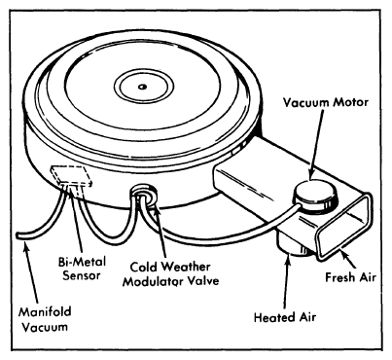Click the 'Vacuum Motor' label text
326,102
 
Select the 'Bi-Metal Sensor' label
82,269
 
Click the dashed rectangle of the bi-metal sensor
72,175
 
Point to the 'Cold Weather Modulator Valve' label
170,274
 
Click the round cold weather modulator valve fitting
144,197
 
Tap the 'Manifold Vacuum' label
45,319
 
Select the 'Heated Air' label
285,317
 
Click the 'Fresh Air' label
350,277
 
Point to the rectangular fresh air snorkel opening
344,227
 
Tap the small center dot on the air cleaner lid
142,87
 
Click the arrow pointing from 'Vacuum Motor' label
316,144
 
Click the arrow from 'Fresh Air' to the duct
351,260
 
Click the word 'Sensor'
82,275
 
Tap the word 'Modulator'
151,281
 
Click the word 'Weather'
186,267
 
